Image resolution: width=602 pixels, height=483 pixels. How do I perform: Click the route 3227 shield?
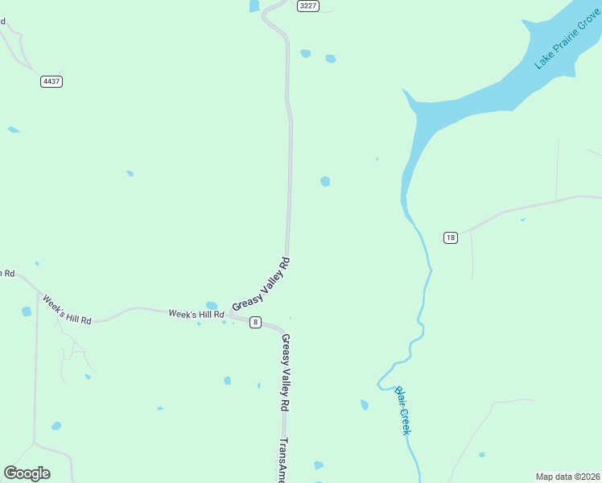pyautogui.click(x=307, y=6)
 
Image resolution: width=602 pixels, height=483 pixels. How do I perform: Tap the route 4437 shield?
pyautogui.click(x=52, y=81)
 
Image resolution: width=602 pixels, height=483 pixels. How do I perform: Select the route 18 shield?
pyautogui.click(x=450, y=237)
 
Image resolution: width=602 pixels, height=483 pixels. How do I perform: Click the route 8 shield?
pyautogui.click(x=255, y=322)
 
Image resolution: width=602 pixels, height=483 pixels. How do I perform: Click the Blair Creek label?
pyautogui.click(x=403, y=411)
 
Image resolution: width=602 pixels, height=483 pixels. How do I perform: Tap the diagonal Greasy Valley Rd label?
pyautogui.click(x=261, y=284)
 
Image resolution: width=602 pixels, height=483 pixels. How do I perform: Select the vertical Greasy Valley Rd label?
pyautogui.click(x=285, y=374)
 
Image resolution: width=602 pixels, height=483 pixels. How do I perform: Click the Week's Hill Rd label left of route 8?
pyautogui.click(x=196, y=314)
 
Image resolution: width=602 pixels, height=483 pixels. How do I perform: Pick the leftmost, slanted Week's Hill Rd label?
pyautogui.click(x=67, y=309)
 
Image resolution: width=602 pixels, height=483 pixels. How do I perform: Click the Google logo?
pyautogui.click(x=27, y=473)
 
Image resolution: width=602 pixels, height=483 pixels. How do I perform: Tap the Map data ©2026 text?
pyautogui.click(x=567, y=477)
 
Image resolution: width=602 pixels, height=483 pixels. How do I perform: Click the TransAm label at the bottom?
pyautogui.click(x=282, y=459)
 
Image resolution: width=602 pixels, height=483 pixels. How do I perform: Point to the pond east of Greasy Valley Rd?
pyautogui.click(x=325, y=181)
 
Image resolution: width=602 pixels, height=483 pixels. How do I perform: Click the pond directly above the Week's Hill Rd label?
pyautogui.click(x=212, y=306)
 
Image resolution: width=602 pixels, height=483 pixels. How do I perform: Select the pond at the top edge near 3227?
pyautogui.click(x=254, y=6)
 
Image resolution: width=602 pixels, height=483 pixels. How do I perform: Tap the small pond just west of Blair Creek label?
pyautogui.click(x=365, y=404)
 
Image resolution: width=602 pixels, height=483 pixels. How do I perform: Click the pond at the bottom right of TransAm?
pyautogui.click(x=319, y=465)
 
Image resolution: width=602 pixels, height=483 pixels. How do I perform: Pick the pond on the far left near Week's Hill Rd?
pyautogui.click(x=27, y=312)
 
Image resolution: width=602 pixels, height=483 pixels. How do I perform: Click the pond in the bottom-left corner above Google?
pyautogui.click(x=56, y=426)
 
